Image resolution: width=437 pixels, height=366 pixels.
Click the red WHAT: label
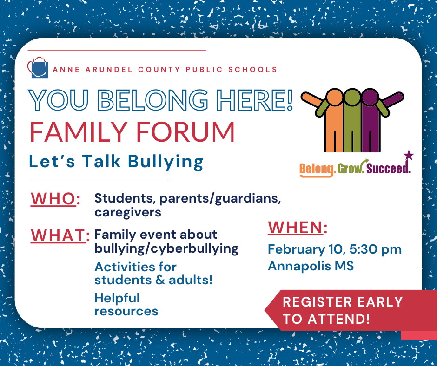click(x=60, y=235)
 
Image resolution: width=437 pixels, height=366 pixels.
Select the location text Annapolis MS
click(x=311, y=267)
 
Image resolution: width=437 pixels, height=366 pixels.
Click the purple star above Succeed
click(x=409, y=155)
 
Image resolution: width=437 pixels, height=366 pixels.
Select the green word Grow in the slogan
click(x=350, y=168)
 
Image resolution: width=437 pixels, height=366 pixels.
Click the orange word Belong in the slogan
click(x=317, y=169)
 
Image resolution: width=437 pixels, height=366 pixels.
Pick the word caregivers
click(x=128, y=213)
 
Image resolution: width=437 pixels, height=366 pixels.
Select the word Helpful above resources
click(x=117, y=298)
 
